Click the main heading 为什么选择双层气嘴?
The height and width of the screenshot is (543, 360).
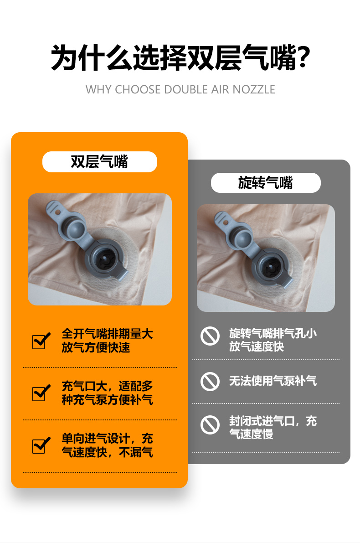pyautogui.click(x=180, y=58)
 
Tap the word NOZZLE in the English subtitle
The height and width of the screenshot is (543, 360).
pyautogui.click(x=254, y=89)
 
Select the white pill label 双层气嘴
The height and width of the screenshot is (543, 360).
pyautogui.click(x=100, y=162)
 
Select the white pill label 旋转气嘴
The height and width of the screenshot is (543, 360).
pyautogui.click(x=266, y=182)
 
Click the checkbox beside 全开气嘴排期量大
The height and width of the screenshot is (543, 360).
pyautogui.click(x=41, y=341)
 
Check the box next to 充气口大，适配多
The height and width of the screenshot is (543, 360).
pyautogui.click(x=41, y=393)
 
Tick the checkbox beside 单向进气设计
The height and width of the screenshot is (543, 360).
pyautogui.click(x=41, y=445)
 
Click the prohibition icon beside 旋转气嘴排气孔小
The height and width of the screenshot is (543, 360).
pyautogui.click(x=210, y=336)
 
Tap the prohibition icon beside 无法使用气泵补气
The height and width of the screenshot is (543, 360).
pyautogui.click(x=210, y=382)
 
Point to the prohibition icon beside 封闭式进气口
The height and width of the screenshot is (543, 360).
pyautogui.click(x=210, y=425)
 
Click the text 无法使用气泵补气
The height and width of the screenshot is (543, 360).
pyautogui.click(x=273, y=381)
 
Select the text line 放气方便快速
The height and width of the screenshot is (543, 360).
pyautogui.click(x=96, y=347)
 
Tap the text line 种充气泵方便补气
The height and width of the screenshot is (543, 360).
pyautogui.click(x=107, y=400)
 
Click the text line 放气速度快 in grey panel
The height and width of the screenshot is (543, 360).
pyautogui.click(x=257, y=346)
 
